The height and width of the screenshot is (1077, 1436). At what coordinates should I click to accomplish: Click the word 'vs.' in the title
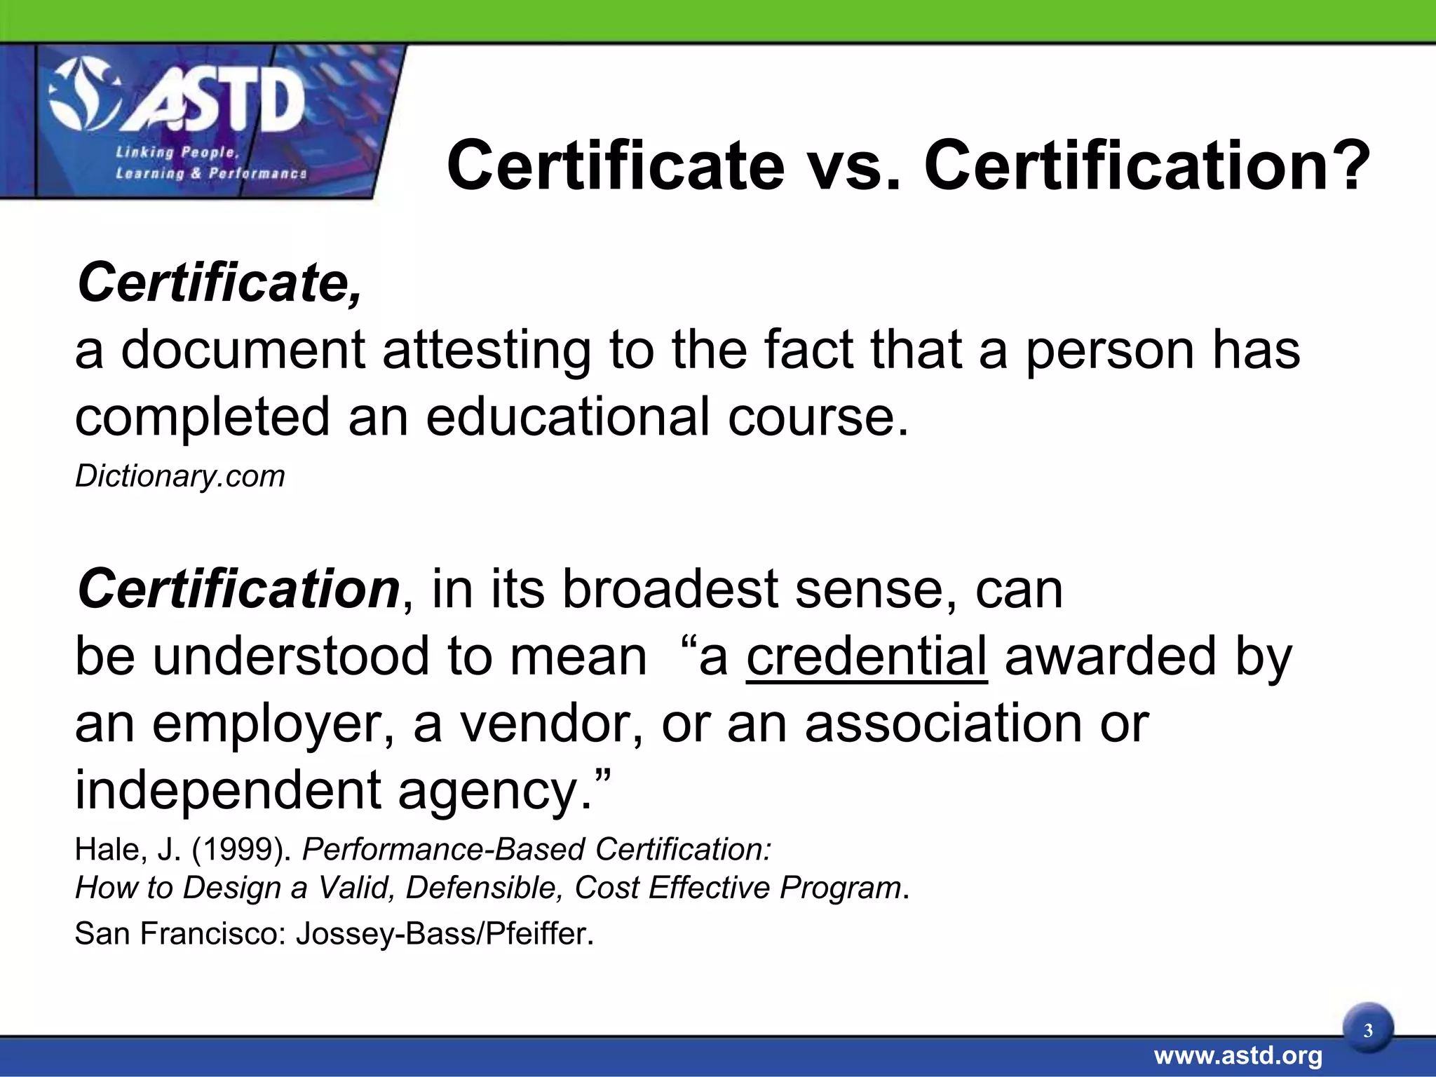[x=853, y=166]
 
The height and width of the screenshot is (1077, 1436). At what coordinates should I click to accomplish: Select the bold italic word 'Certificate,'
[x=219, y=283]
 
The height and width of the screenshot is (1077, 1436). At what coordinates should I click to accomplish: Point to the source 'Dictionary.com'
[x=180, y=476]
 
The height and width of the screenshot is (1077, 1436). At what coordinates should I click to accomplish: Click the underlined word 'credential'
[x=867, y=657]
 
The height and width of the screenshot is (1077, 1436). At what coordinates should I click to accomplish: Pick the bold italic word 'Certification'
[x=238, y=589]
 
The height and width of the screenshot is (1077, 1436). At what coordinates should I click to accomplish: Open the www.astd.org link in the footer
[x=1238, y=1055]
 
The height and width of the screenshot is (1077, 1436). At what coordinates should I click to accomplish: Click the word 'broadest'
[x=670, y=589]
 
